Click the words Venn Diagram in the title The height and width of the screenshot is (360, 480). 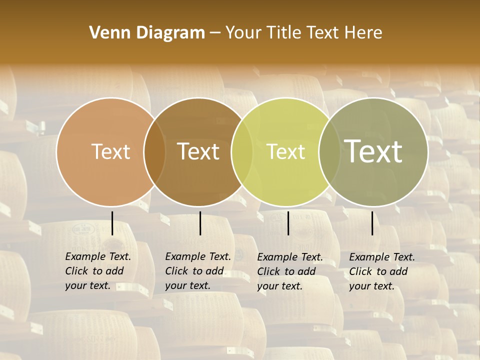147,33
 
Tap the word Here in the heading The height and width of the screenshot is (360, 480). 363,33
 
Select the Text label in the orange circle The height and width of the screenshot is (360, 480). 110,151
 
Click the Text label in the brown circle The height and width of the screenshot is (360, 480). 198,151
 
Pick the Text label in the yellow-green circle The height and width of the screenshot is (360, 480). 286,151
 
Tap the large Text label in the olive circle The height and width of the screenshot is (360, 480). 373,151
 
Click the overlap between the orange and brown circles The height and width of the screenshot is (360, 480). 154,151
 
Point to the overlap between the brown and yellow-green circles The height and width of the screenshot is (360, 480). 242,151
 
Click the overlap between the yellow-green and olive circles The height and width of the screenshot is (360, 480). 329,151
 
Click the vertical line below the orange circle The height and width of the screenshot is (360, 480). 112,223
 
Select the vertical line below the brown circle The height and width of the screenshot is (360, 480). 200,223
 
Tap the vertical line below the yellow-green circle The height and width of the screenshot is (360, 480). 288,223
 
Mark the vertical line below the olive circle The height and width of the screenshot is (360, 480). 372,223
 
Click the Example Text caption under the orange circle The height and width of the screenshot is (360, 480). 98,271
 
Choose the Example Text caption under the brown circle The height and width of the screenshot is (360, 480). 198,271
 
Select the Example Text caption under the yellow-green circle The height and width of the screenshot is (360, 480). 290,271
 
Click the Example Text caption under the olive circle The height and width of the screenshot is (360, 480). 382,271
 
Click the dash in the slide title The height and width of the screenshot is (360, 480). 214,33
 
